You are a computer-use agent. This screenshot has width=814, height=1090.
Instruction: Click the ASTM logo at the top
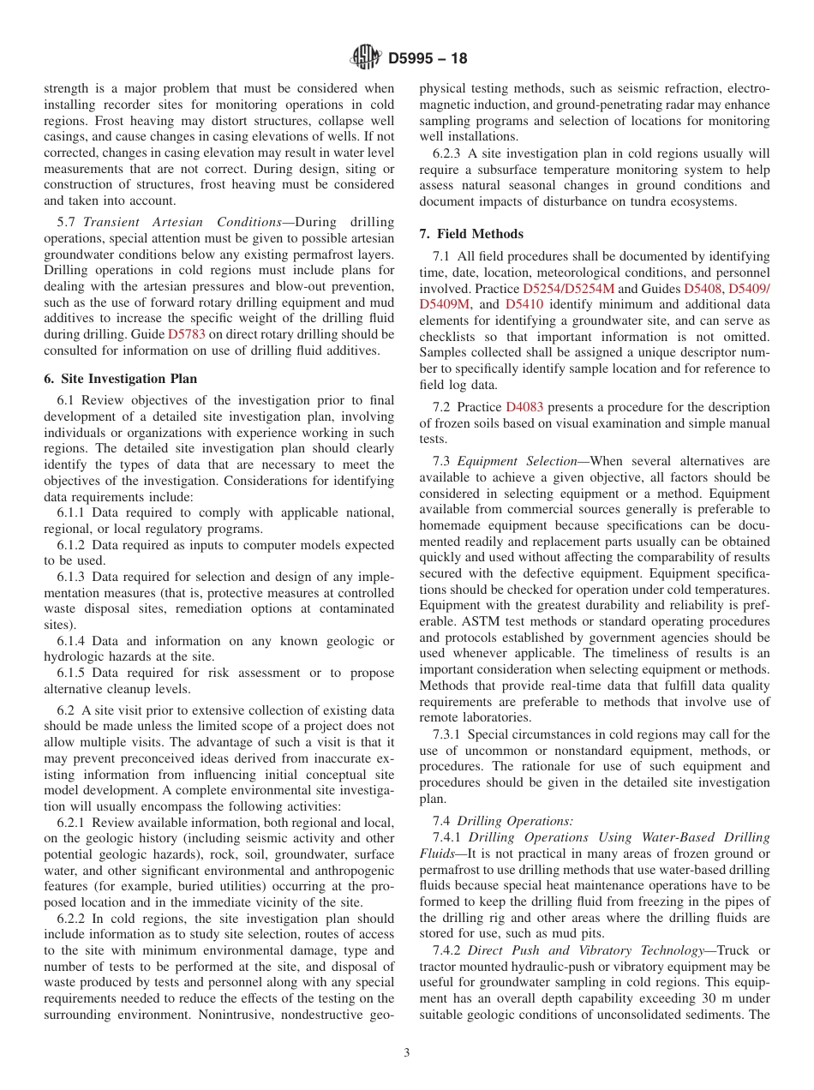(366, 58)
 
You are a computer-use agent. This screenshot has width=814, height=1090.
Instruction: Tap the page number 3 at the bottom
(407, 1053)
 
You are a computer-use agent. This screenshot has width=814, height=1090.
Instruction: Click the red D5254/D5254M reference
(568, 289)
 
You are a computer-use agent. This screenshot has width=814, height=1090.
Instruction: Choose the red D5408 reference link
(703, 289)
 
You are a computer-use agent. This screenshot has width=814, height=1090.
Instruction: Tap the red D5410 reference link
(524, 304)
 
